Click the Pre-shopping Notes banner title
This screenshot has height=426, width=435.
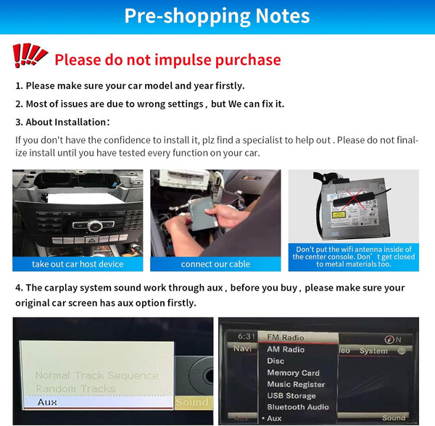217,16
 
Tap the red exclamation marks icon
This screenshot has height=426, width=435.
30,56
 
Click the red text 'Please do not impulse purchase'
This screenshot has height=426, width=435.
167,59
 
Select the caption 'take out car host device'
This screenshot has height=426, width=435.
78,264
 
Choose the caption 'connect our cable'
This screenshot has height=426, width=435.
215,264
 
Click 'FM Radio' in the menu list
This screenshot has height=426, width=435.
286,338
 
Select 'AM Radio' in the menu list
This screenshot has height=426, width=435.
286,349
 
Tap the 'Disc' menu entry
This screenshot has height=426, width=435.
276,361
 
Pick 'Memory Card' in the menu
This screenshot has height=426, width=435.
293,372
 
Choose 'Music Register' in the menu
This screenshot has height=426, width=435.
296,384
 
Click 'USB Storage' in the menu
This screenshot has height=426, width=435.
291,396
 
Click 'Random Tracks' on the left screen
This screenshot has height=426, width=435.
75,388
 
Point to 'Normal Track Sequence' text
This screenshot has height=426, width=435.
96,375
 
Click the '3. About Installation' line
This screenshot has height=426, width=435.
63,122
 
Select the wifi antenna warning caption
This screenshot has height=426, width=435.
353,256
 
